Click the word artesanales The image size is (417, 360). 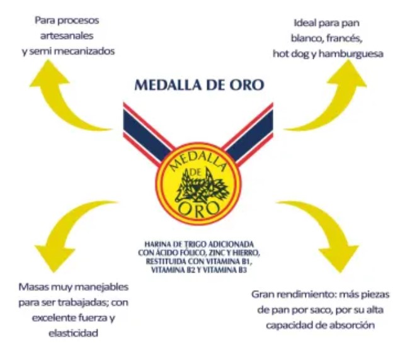[x=67, y=36]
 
